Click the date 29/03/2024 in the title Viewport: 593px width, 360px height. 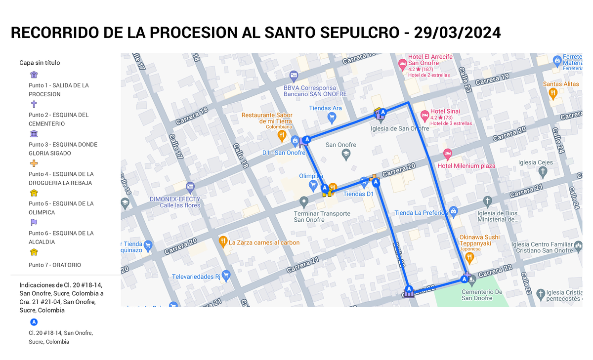[458, 33]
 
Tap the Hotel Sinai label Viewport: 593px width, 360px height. [445, 112]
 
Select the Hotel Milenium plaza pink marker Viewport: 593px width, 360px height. [448, 154]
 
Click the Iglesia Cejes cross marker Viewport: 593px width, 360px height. [543, 172]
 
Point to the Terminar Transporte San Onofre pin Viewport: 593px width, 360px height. [304, 202]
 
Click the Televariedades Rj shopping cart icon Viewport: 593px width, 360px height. [226, 276]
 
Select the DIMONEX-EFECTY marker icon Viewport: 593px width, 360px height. [191, 187]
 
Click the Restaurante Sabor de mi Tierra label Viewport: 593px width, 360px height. [266, 118]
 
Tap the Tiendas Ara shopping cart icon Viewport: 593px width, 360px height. [332, 118]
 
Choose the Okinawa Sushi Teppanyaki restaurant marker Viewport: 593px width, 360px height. [470, 257]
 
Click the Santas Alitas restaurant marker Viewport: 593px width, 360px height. [553, 93]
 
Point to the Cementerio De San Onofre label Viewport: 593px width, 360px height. [482, 295]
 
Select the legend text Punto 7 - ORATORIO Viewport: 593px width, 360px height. [55, 265]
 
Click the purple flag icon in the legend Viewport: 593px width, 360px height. [34, 222]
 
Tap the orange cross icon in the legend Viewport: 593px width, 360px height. [34, 163]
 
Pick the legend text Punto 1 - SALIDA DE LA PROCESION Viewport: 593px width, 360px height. [58, 90]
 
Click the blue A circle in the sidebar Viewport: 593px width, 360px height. [34, 322]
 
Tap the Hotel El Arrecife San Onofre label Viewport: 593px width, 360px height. [429, 60]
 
